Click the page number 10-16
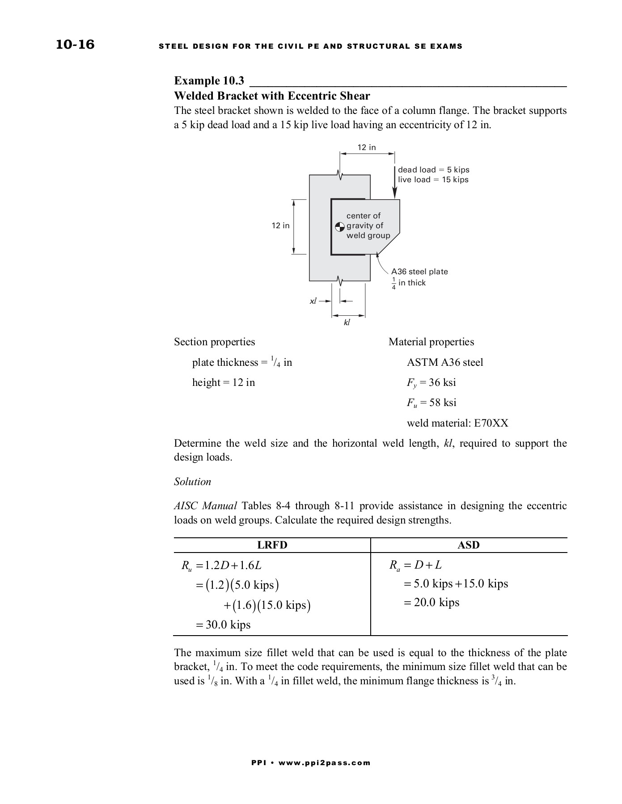75,45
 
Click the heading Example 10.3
209,81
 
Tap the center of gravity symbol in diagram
340,226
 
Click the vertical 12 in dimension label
280,226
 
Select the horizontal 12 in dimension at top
366,147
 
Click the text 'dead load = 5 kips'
433,170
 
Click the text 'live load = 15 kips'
433,180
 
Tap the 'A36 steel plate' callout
419,272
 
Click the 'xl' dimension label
313,301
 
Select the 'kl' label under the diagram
347,322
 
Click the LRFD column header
272,545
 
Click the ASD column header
469,545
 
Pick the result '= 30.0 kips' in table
223,624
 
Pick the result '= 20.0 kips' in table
431,603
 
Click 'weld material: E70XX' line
457,423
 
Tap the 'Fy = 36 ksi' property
431,382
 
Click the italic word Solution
192,482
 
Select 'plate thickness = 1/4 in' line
242,362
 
